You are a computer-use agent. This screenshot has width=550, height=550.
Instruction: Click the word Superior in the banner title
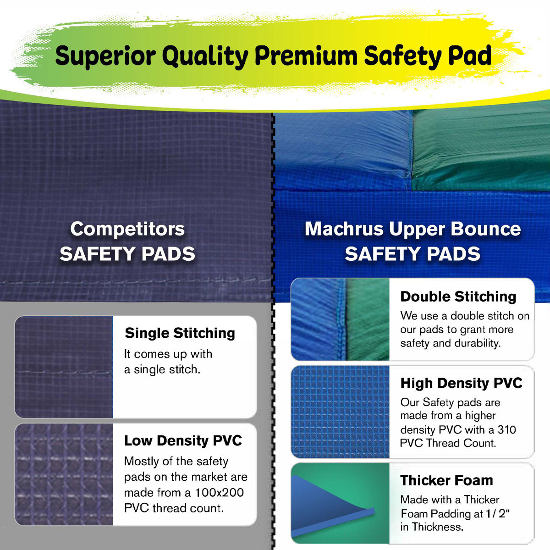click(104, 56)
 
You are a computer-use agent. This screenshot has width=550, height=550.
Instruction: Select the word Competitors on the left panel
click(127, 229)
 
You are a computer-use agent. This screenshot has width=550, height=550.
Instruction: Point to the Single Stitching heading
click(180, 333)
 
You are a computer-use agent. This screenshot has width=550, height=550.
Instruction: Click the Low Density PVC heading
click(183, 440)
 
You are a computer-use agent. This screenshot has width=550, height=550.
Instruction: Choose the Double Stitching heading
click(458, 297)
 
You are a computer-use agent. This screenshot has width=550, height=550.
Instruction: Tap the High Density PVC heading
click(461, 383)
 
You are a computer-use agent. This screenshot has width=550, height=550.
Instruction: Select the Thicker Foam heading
click(446, 480)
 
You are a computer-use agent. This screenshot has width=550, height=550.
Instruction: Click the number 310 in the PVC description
click(506, 430)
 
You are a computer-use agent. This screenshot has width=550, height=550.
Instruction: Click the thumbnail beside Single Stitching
click(64, 367)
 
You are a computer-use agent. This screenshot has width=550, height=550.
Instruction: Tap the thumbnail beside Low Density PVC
click(64, 474)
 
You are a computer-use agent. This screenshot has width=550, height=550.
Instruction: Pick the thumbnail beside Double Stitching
click(340, 319)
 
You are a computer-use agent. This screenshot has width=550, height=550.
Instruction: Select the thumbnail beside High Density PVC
click(340, 412)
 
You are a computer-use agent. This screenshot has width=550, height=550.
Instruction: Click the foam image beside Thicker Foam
click(340, 503)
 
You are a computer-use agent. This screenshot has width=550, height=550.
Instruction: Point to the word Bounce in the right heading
click(486, 229)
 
